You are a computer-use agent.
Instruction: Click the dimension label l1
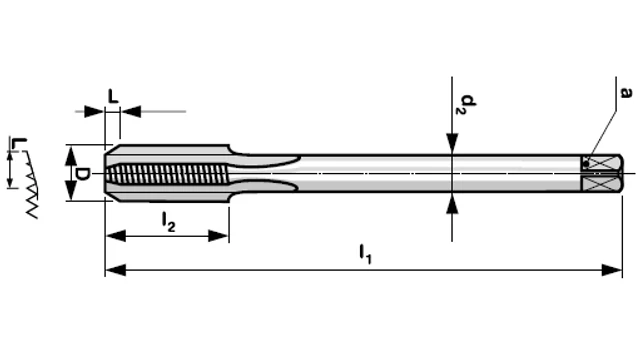tap(365, 254)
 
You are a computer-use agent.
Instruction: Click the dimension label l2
tap(169, 222)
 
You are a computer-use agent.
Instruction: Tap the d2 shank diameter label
tap(467, 104)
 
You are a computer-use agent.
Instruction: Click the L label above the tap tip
tap(113, 96)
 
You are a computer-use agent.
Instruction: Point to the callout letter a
tap(625, 93)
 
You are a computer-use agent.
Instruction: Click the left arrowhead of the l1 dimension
tap(116, 270)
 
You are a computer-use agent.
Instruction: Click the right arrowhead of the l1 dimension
tap(612, 270)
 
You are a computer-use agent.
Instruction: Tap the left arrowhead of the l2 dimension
tap(116, 236)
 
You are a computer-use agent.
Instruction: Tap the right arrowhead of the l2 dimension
tap(218, 236)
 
